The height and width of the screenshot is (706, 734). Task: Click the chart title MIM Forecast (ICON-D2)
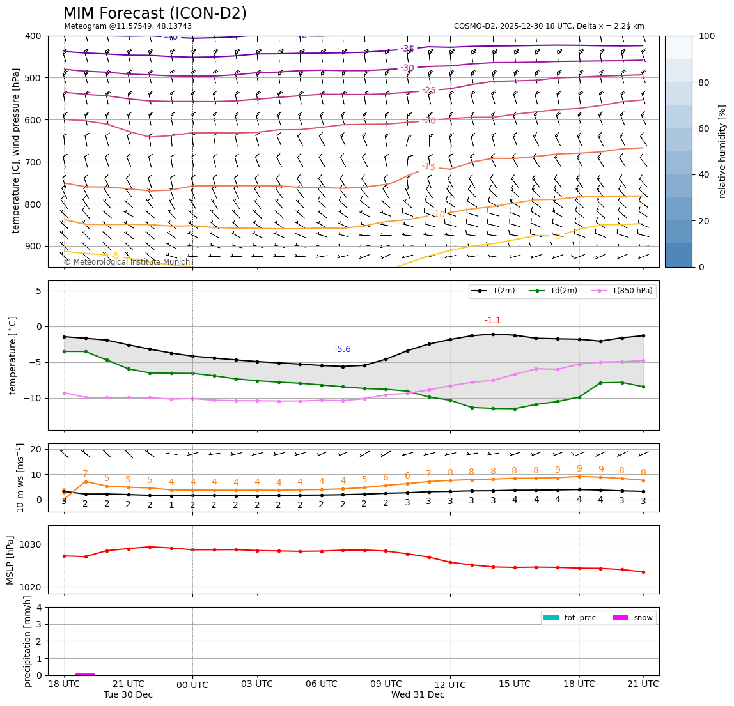(x=155, y=13)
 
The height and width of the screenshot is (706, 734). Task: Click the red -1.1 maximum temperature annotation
(x=492, y=320)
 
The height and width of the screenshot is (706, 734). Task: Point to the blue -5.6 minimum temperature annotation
(x=343, y=349)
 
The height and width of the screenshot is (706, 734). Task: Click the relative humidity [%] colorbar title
(x=722, y=151)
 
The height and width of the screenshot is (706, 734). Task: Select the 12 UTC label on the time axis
(x=450, y=684)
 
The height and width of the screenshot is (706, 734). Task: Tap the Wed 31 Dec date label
(x=418, y=694)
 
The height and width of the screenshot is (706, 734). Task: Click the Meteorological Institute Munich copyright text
(x=127, y=262)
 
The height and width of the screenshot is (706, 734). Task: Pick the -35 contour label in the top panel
(x=407, y=49)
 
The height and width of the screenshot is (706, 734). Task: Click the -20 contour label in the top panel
(x=429, y=121)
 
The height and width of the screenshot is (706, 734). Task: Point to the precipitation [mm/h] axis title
(x=27, y=641)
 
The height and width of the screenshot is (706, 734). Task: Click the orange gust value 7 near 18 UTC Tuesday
(x=85, y=474)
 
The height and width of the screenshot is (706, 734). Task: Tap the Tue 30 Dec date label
(x=128, y=694)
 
